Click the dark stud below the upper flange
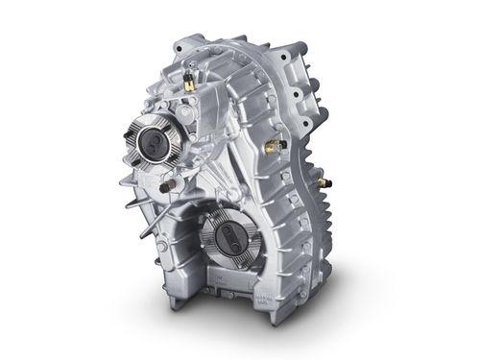click(171, 183)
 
